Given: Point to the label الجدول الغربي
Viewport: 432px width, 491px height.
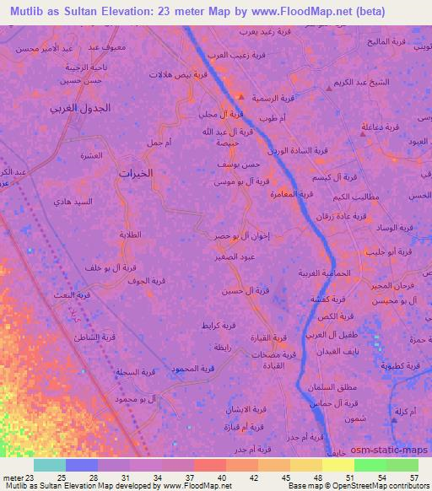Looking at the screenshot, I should click(x=79, y=109).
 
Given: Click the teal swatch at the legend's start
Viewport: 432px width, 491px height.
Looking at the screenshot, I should click(x=50, y=465).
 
